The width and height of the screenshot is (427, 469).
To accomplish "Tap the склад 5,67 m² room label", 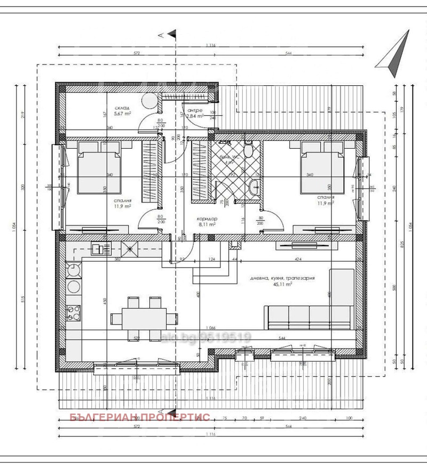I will click(122, 110).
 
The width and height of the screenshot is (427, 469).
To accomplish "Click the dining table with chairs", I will click(142, 318).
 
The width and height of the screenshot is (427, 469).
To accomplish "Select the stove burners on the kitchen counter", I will click(73, 312).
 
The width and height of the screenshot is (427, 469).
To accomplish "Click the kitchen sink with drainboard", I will click(101, 248).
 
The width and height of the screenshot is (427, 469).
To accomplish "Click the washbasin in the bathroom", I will click(255, 187).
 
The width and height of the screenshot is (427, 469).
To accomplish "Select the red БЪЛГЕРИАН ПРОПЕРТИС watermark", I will click(140, 417).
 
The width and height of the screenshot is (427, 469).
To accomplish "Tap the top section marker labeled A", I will click(167, 35).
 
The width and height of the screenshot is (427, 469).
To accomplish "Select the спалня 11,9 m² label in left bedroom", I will click(122, 205).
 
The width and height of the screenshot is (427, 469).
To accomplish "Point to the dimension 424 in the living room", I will click(298, 260).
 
